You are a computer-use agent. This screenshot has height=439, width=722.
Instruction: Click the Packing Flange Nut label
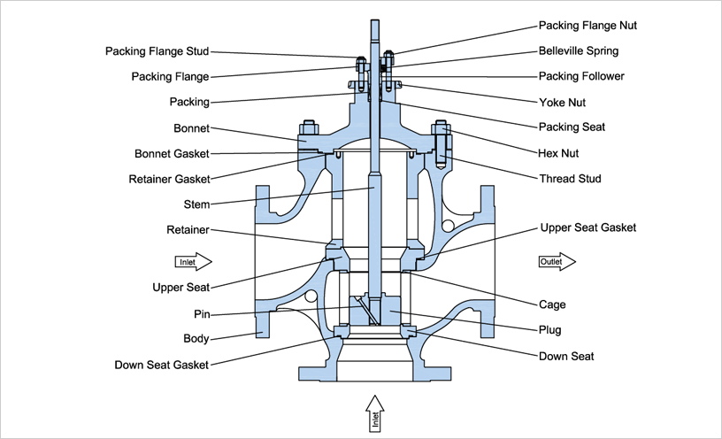pyautogui.click(x=588, y=26)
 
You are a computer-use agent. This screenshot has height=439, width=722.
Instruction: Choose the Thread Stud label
pyautogui.click(x=570, y=179)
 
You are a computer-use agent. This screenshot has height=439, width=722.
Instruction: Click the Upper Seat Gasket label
pyautogui.click(x=588, y=227)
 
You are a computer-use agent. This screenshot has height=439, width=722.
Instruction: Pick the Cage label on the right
pyautogui.click(x=552, y=304)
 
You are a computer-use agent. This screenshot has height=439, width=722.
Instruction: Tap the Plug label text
pyautogui.click(x=550, y=330)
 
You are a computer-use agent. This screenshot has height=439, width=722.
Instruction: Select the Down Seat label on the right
pyautogui.click(x=566, y=357)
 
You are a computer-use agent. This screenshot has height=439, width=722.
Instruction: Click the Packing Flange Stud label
pyautogui.click(x=157, y=51)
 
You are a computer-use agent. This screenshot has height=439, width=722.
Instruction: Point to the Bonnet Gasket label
pyautogui.click(x=172, y=153)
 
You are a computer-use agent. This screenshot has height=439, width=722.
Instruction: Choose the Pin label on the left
pyautogui.click(x=201, y=313)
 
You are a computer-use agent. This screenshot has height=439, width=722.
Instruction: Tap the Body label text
pyautogui.click(x=196, y=338)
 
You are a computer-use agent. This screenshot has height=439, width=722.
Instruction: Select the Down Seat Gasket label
pyautogui.click(x=162, y=365)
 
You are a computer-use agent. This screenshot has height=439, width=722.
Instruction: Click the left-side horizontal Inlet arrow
pyautogui.click(x=193, y=261)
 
